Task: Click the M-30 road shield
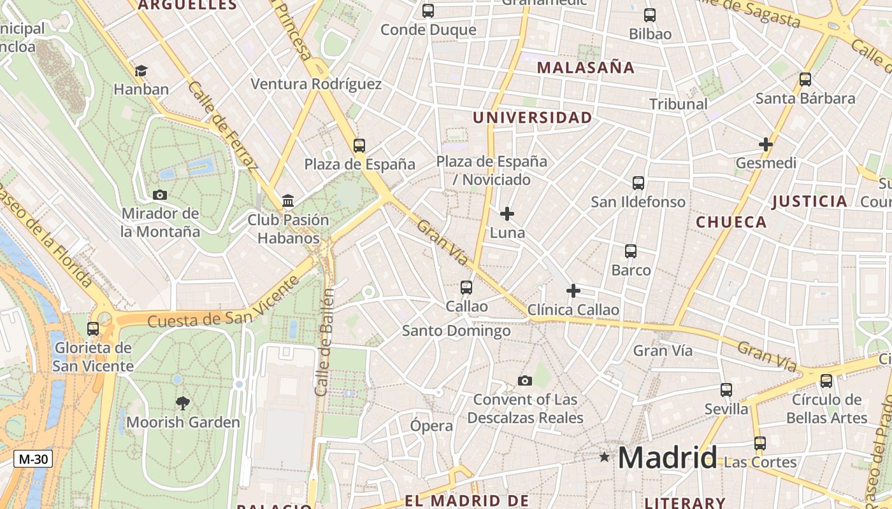[x=32, y=459]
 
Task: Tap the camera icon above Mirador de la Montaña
[x=160, y=195]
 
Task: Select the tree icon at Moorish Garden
[x=183, y=403]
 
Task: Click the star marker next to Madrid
[x=604, y=457]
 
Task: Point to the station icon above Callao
[x=466, y=288]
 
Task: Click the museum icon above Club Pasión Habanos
[x=288, y=201]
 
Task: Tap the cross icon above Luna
[x=507, y=214]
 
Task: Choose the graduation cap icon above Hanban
[x=141, y=71]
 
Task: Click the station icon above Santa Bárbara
[x=805, y=80]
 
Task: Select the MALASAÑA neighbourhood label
[x=586, y=67]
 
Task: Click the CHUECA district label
[x=731, y=222]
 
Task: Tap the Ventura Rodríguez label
[x=316, y=84]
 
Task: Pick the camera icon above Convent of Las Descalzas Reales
[x=525, y=380]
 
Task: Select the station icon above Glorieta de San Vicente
[x=93, y=329]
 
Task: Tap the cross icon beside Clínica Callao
[x=573, y=291]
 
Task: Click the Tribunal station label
[x=678, y=104]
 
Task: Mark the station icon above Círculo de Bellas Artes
[x=826, y=381]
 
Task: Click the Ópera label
[x=431, y=426]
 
